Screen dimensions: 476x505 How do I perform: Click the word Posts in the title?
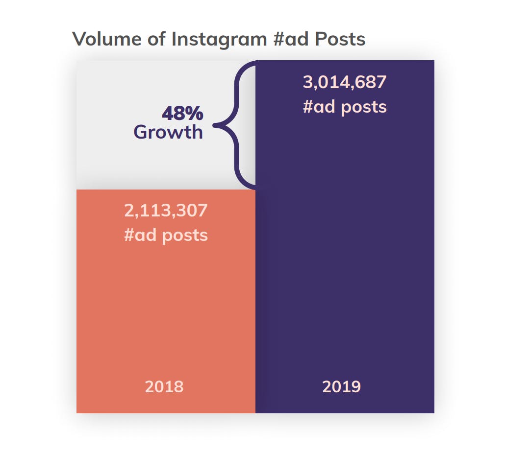coord(340,39)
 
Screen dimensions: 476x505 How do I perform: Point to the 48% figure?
coord(182,114)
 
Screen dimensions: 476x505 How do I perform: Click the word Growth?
coord(168,132)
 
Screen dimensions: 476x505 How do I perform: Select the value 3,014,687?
coord(345,82)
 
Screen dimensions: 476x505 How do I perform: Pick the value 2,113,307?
coord(166,211)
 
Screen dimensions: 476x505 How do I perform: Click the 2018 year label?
coord(164,387)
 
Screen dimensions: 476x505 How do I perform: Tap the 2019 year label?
coord(341,387)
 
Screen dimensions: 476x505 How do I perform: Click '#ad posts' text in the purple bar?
coord(345,107)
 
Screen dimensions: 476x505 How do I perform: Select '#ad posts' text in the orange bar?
coord(166,235)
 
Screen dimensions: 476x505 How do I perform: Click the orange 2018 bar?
coord(166,309)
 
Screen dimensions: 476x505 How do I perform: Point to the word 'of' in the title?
coord(156,39)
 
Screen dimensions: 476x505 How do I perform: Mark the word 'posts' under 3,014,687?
coord(364,107)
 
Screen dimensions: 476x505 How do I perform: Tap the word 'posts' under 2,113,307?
coord(185,236)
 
